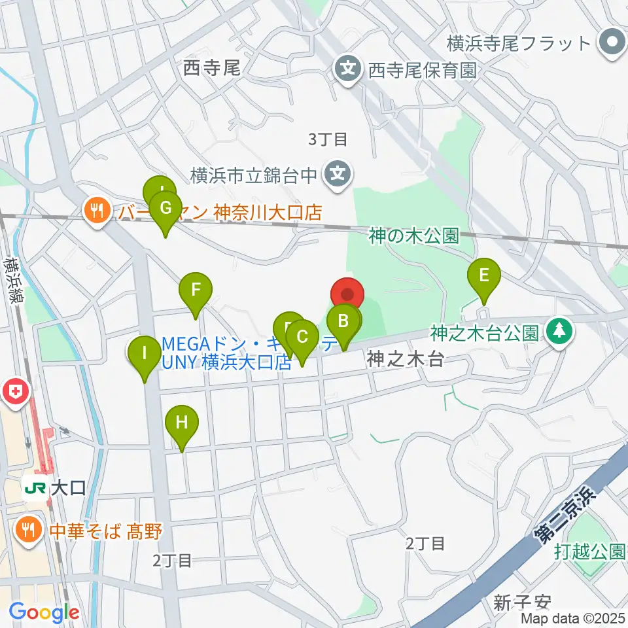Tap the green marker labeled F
pos(196,289)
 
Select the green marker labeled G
pos(166,209)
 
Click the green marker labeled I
pos(145,355)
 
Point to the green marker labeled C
pos(302,338)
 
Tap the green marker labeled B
pos(342,321)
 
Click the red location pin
pos(347,295)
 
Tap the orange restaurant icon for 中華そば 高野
pos(28,529)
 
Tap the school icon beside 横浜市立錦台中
pos(338,174)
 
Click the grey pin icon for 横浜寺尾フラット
pos(612,43)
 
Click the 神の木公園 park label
pos(413,236)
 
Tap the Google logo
pos(44,613)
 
